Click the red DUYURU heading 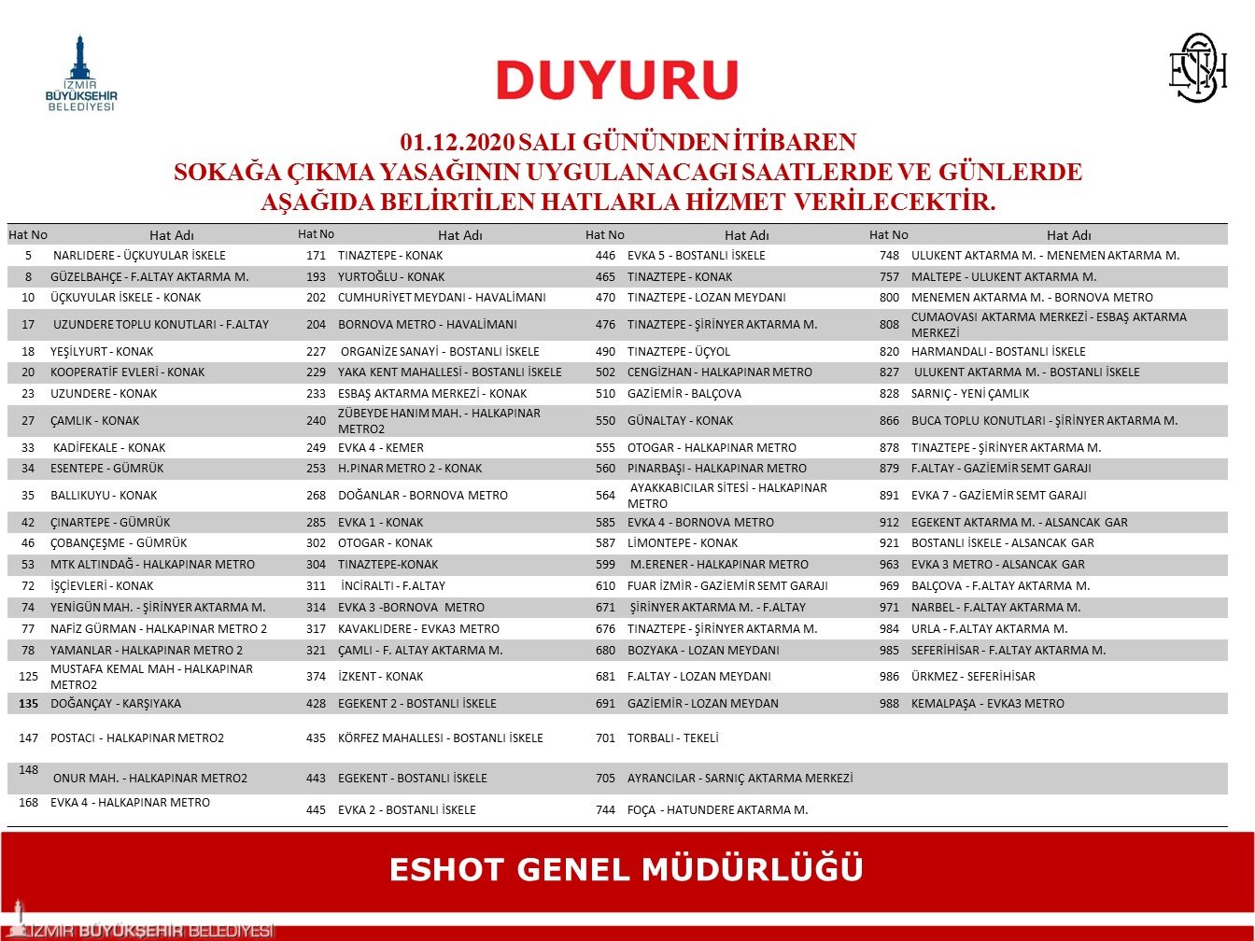(x=617, y=80)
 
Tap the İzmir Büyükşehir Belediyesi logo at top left (x=81, y=75)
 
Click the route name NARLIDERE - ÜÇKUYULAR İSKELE (x=139, y=256)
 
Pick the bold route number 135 (x=28, y=704)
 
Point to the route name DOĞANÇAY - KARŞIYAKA (x=116, y=704)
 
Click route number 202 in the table (x=317, y=298)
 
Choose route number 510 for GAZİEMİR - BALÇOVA (x=605, y=394)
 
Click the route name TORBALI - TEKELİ (x=672, y=738)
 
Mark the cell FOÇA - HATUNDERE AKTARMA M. (x=717, y=810)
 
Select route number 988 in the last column (x=889, y=704)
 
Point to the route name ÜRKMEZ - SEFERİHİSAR (x=973, y=677)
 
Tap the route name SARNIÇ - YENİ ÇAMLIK (x=970, y=394)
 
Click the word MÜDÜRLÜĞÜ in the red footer (x=753, y=869)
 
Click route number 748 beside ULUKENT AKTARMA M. (x=889, y=256)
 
